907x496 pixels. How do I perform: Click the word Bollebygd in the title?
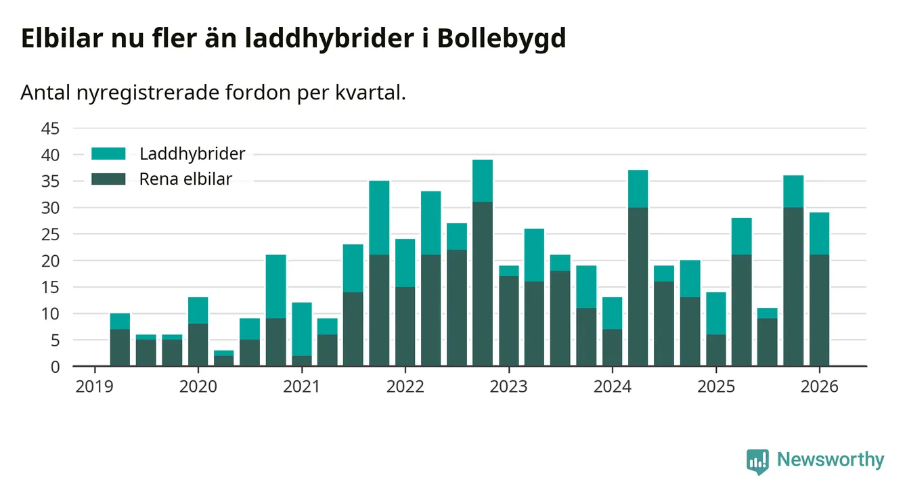point(502,39)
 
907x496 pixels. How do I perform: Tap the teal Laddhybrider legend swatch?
point(108,154)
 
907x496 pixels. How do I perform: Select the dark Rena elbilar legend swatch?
point(108,179)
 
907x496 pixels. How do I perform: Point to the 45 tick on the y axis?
point(51,128)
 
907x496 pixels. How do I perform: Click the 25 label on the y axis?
point(51,234)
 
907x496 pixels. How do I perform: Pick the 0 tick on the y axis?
point(56,367)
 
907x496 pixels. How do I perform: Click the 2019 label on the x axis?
point(95,387)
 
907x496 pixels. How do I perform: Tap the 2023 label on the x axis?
point(508,387)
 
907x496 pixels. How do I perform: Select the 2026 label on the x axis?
point(819,387)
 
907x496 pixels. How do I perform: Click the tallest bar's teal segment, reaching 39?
point(483,181)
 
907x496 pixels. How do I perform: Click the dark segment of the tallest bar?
point(483,284)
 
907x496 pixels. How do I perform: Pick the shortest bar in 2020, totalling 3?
point(224,358)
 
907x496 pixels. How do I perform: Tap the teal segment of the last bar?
point(819,233)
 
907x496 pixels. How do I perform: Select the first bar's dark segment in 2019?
point(120,348)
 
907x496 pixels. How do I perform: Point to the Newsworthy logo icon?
point(757,461)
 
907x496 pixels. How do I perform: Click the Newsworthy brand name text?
point(831,460)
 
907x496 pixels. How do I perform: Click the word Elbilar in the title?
point(62,39)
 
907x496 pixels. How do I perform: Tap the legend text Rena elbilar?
point(185,179)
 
